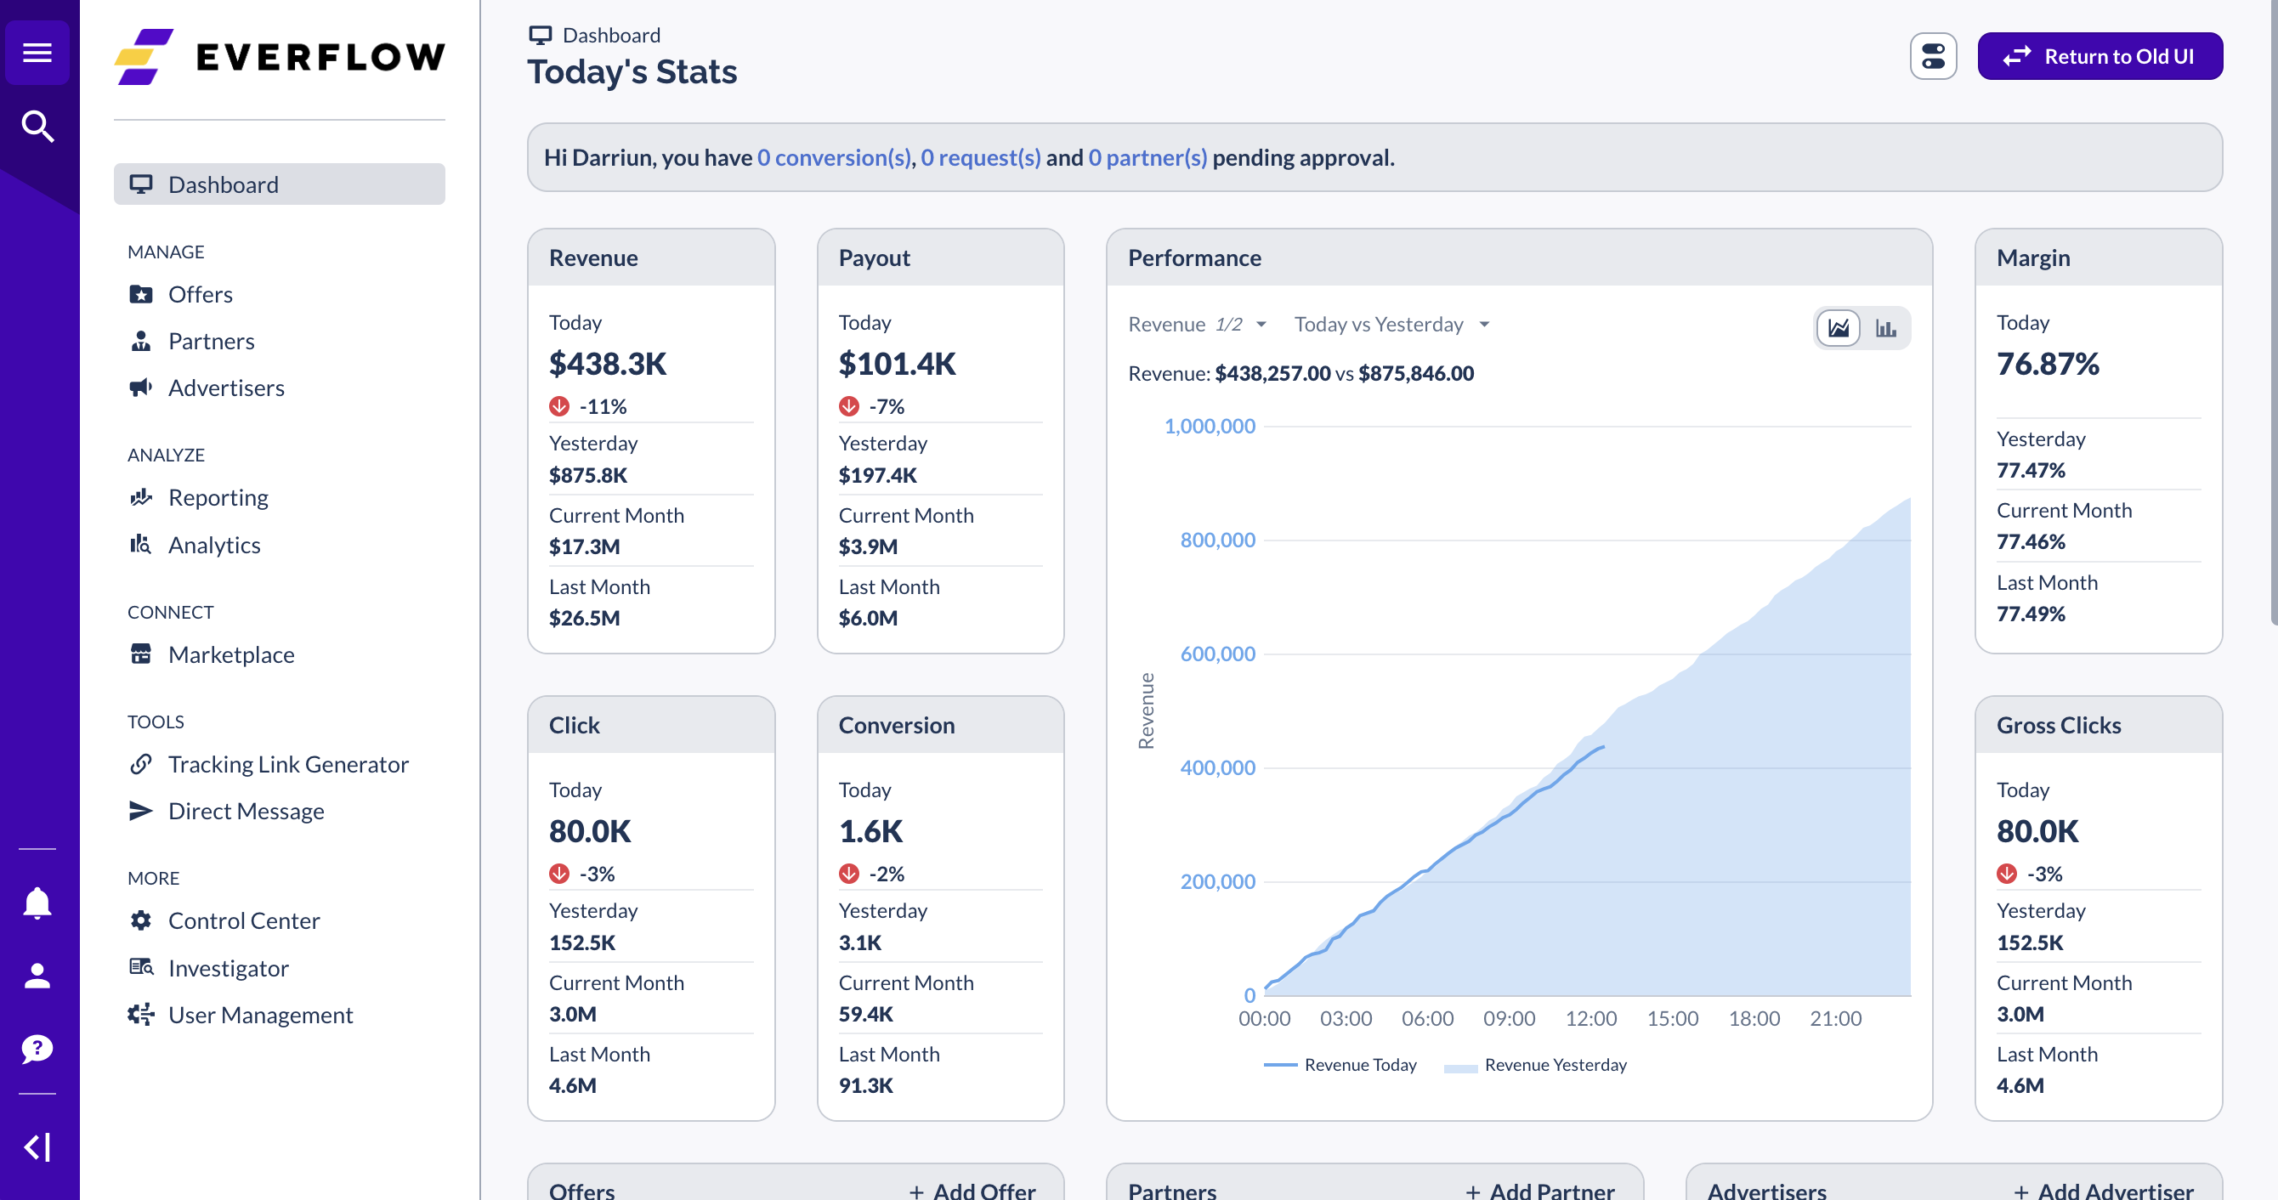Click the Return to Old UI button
coord(2099,57)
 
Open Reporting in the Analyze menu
coord(218,498)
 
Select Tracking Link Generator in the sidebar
coord(287,764)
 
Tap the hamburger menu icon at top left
coord(37,53)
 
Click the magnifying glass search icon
coord(37,127)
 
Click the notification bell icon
coord(37,903)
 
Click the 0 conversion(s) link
coord(833,157)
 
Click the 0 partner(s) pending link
coord(1147,157)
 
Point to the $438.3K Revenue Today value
coord(608,364)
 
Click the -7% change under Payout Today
coord(886,407)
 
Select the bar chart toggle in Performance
coord(1885,328)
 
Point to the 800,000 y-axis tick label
coord(1217,541)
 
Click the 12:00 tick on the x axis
coord(1590,1019)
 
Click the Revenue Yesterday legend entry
coord(1555,1066)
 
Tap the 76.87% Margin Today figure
coord(2047,364)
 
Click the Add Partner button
coord(1540,1191)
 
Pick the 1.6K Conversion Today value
coord(870,831)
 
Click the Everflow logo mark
coord(144,57)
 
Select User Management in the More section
coord(260,1016)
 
